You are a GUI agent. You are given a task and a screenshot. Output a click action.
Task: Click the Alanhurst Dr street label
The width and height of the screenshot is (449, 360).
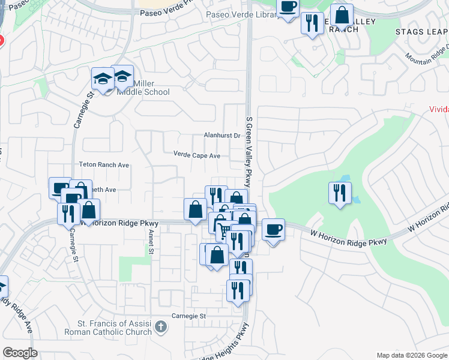pos(221,136)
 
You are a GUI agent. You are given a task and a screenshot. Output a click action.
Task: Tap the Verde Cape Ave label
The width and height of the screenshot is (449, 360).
pos(197,155)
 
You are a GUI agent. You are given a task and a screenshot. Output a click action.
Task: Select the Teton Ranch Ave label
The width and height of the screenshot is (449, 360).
pos(104,164)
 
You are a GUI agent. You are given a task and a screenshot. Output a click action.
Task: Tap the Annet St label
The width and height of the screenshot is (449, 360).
pos(152,239)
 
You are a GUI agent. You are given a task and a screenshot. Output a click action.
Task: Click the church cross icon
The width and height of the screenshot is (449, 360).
pos(160,327)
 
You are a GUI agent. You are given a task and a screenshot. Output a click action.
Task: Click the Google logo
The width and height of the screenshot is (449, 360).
pos(20,353)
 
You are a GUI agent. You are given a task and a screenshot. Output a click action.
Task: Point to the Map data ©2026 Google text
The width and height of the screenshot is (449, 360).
pos(411,355)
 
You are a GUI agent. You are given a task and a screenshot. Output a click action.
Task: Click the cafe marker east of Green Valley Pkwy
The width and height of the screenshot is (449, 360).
pos(273,229)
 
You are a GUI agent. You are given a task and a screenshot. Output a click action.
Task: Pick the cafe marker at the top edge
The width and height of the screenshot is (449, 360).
pos(288,7)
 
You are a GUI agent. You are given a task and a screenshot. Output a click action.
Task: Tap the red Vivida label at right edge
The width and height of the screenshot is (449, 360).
pos(439,110)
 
